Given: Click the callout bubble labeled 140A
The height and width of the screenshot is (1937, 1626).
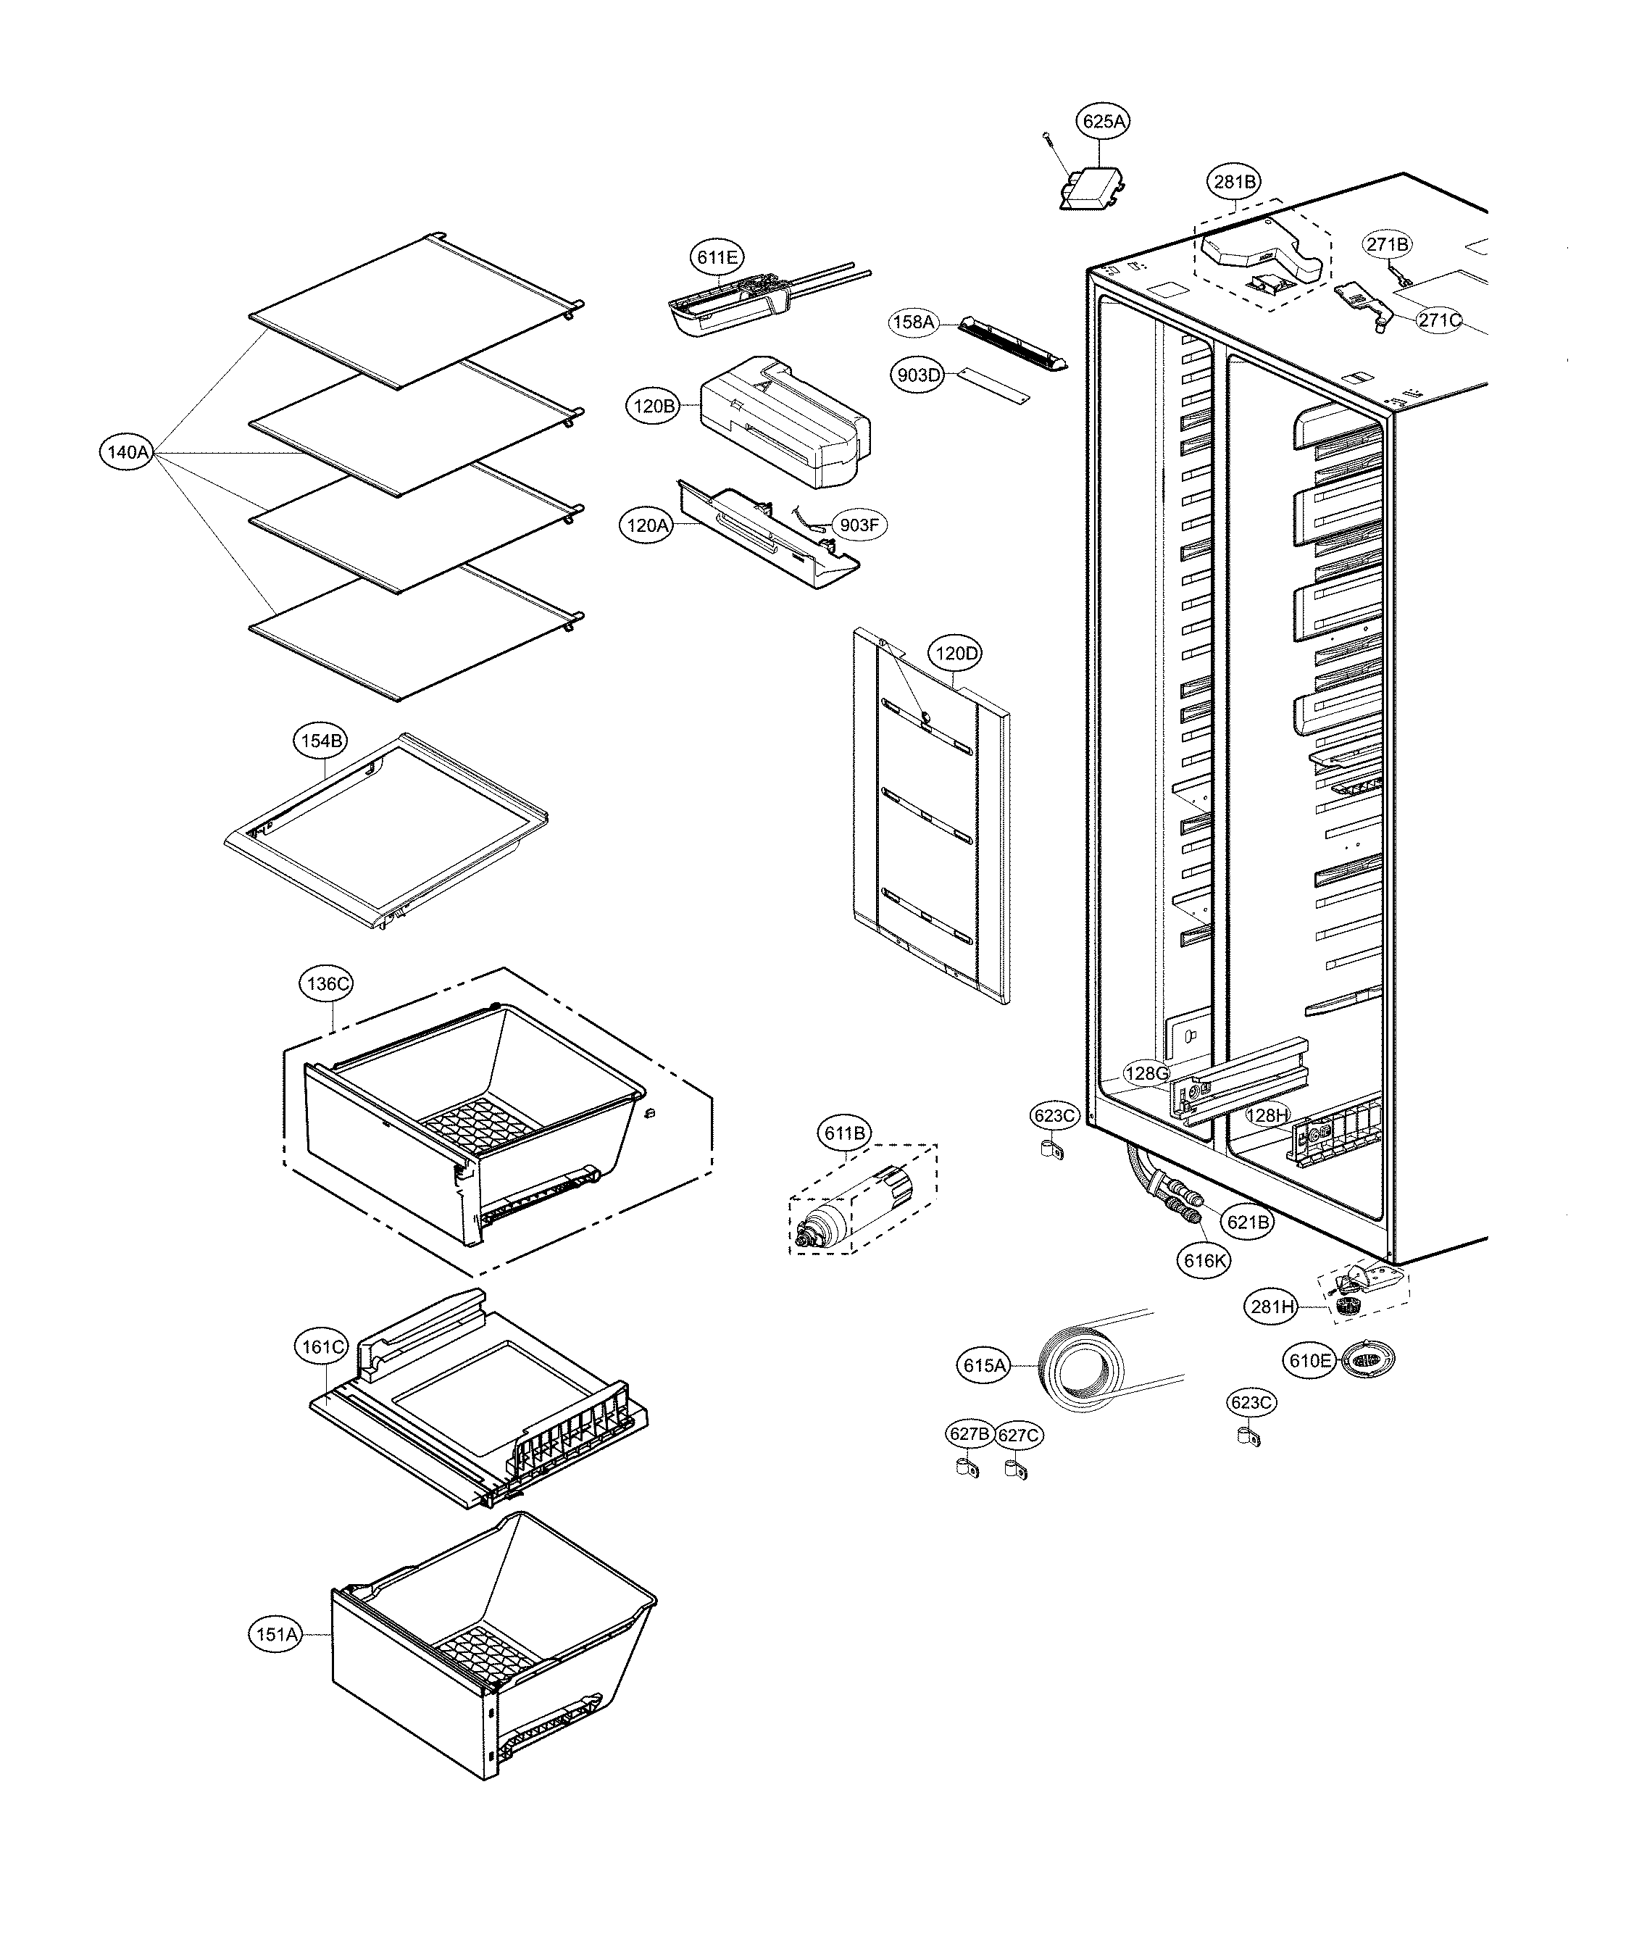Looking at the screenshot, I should [128, 452].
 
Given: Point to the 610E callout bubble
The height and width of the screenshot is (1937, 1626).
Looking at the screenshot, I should [1309, 1360].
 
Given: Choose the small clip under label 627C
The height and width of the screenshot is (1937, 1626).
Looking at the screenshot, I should [1017, 1468].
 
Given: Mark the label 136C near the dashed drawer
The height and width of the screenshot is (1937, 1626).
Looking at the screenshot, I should [328, 983].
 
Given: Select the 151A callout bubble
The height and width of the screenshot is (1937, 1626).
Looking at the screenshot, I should [276, 1636].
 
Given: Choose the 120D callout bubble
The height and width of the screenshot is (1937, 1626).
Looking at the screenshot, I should [956, 654].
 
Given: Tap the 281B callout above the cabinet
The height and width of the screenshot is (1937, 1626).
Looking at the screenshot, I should [1234, 182].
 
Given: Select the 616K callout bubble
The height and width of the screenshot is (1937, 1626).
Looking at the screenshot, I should [1203, 1260].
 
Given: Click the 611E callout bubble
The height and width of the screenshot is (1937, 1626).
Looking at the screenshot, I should [717, 257].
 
